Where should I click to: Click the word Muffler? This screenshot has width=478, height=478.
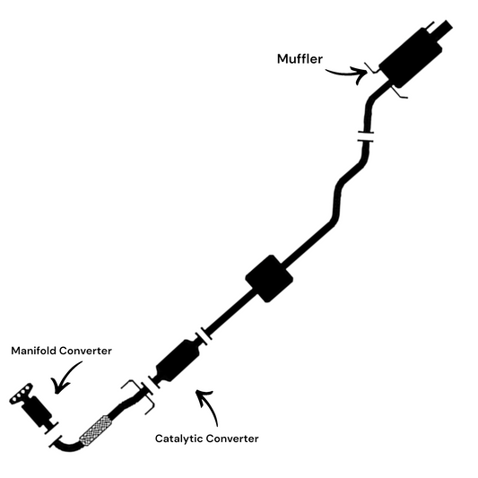coord(300,59)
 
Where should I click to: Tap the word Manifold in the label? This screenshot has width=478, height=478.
coord(33,351)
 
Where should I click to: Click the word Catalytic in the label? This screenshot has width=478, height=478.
coord(179,439)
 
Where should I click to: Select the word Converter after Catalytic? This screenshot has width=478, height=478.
coord(232,439)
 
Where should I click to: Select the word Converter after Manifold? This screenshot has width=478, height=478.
coord(85,351)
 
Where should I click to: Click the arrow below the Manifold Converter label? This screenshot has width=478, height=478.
coord(65,378)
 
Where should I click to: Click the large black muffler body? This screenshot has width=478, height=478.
coord(411,58)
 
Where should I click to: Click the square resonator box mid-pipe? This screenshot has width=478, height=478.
coord(269,279)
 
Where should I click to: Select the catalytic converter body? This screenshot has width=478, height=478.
coord(178,361)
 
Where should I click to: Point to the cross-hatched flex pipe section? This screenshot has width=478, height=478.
coord(95,430)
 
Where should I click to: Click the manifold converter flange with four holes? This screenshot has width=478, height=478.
coord(21,394)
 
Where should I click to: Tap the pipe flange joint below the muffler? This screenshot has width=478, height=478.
coord(366,136)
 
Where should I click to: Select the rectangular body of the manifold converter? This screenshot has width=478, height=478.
coord(37,412)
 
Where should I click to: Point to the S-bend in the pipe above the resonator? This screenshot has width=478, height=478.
coord(338,198)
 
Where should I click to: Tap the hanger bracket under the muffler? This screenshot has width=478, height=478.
coord(399,92)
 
